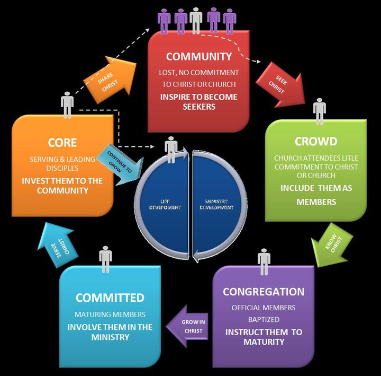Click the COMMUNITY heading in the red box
(199, 56)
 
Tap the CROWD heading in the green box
(315, 142)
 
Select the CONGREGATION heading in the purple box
(264, 292)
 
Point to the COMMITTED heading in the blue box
(110, 298)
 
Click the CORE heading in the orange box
(62, 143)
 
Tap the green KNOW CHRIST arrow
(332, 245)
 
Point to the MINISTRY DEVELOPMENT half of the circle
(219, 204)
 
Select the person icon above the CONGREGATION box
(264, 261)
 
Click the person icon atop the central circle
(171, 150)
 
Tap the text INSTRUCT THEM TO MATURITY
(264, 337)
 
